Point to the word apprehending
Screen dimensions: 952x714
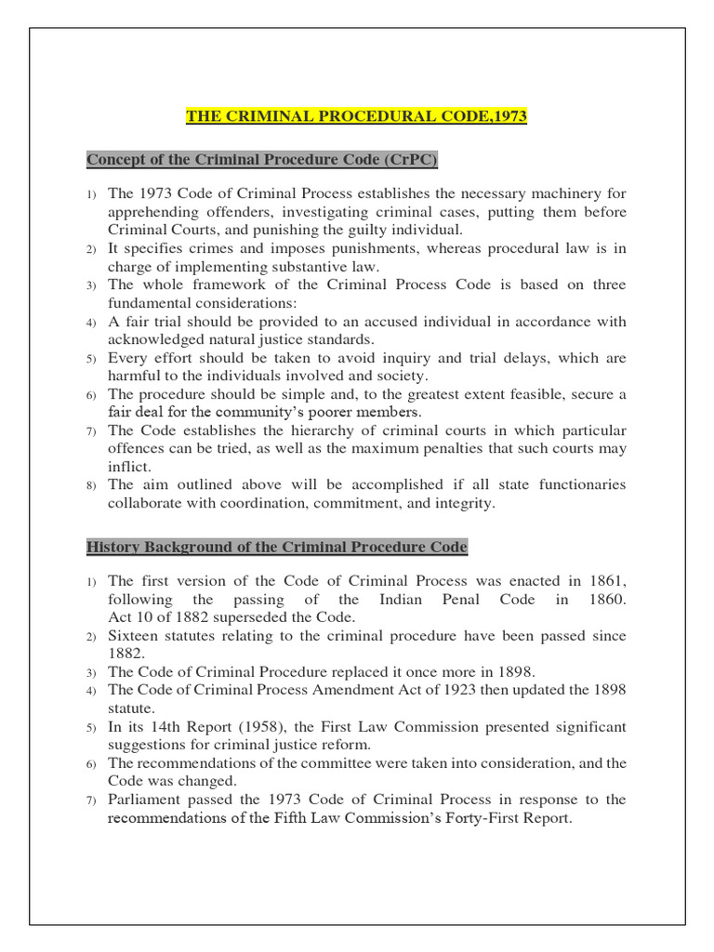[x=152, y=212]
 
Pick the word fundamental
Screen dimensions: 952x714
[x=152, y=303]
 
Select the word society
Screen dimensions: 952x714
[x=399, y=376]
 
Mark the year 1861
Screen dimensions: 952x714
[x=608, y=581]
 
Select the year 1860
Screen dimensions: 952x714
[x=608, y=600]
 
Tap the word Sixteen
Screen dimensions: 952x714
[x=136, y=636]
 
